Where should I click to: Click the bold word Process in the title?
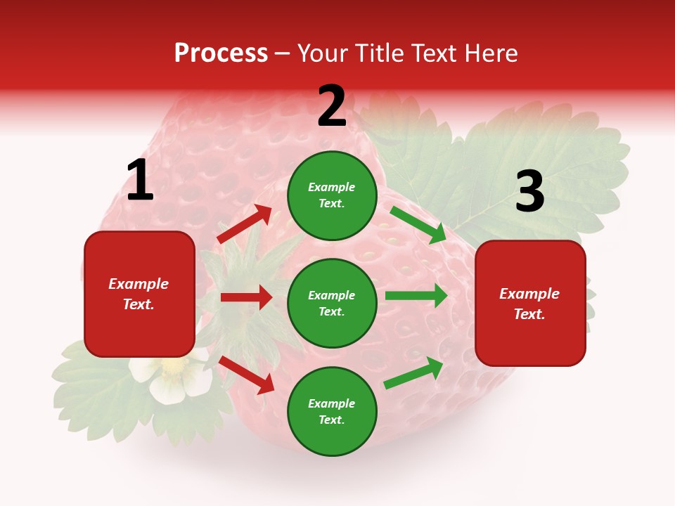221,53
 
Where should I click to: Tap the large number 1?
139,181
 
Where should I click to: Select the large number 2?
332,107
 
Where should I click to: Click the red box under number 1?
139,294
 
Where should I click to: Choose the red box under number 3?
530,304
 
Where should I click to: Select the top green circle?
332,195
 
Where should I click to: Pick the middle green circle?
332,304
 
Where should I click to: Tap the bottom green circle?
332,411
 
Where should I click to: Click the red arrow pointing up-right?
245,224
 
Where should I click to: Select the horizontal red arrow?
246,297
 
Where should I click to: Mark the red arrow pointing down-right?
246,375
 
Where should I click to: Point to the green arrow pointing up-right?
413,373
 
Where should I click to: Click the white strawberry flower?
172,377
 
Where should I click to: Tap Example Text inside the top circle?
332,195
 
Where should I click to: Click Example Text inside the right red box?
529,304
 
